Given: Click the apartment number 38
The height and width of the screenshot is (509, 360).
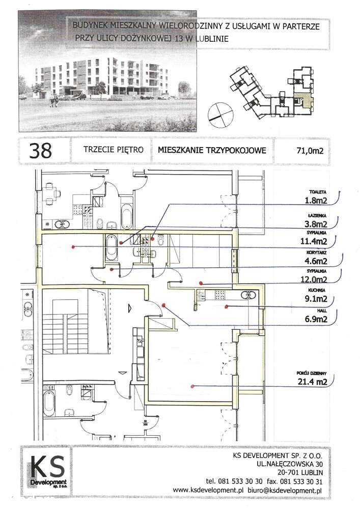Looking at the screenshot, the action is pos(41,151).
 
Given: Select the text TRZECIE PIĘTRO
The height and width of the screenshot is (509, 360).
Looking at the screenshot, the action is pos(113,150).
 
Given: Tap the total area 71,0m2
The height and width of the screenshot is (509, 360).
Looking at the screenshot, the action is pos(310,151).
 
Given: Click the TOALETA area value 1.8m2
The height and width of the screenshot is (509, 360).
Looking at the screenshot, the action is pos(316,201).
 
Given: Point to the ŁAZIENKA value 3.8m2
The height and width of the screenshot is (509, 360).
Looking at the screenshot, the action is pos(316,224).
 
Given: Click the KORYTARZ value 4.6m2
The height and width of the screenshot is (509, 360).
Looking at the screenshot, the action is pos(316,261).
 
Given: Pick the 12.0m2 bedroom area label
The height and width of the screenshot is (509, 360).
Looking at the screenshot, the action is pos(314,279).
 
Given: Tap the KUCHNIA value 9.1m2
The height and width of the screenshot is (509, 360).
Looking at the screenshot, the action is pos(316,299).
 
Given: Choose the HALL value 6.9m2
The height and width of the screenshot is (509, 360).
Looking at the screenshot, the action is pos(316,319).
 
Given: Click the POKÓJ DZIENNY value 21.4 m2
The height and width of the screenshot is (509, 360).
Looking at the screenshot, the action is pos(312,382).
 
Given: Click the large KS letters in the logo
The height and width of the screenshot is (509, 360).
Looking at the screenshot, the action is pos(48,467).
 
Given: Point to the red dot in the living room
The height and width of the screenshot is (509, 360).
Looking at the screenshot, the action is pos(193,386).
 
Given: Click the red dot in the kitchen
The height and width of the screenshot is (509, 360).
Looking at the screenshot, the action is pos(227,306).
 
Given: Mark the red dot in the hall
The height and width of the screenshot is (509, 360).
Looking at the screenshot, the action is pos(163,305).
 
